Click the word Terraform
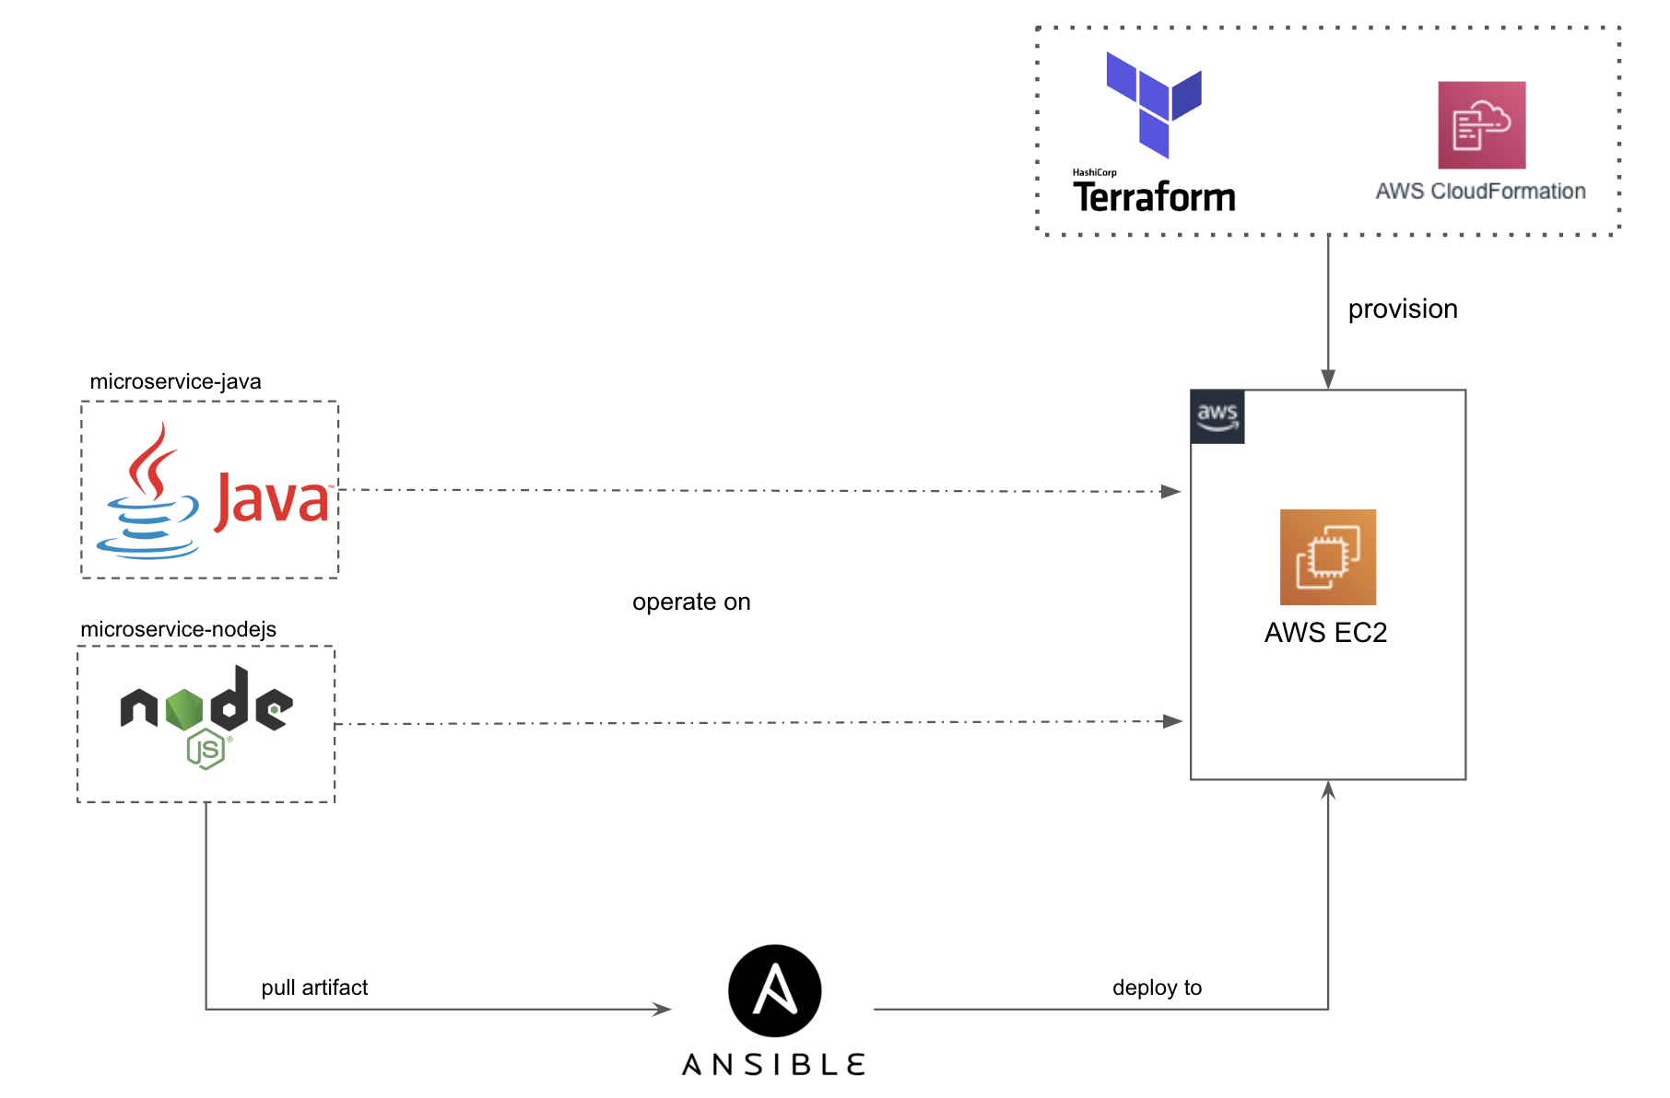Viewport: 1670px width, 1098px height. (x=1154, y=197)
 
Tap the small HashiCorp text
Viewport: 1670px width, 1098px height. (x=1094, y=172)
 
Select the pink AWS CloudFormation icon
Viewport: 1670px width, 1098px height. (x=1481, y=125)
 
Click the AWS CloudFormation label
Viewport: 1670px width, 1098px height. (x=1480, y=191)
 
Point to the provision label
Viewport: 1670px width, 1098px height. (x=1402, y=309)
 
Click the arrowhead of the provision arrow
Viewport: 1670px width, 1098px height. (x=1328, y=379)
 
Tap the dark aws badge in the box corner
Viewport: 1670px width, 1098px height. (x=1217, y=416)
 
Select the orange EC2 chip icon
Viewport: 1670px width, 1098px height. (x=1327, y=556)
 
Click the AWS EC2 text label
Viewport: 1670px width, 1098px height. (x=1325, y=633)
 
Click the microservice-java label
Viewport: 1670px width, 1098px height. (x=175, y=381)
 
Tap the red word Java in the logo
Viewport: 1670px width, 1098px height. (x=273, y=501)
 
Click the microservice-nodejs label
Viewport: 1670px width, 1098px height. (x=178, y=629)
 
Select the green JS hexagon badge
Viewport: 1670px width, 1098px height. (x=206, y=749)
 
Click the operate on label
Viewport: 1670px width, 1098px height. (x=691, y=602)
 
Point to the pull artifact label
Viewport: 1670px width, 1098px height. (x=314, y=987)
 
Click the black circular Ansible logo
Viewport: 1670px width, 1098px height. (x=774, y=990)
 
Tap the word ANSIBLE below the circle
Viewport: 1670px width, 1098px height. (x=773, y=1065)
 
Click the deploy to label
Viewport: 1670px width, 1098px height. (x=1157, y=987)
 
